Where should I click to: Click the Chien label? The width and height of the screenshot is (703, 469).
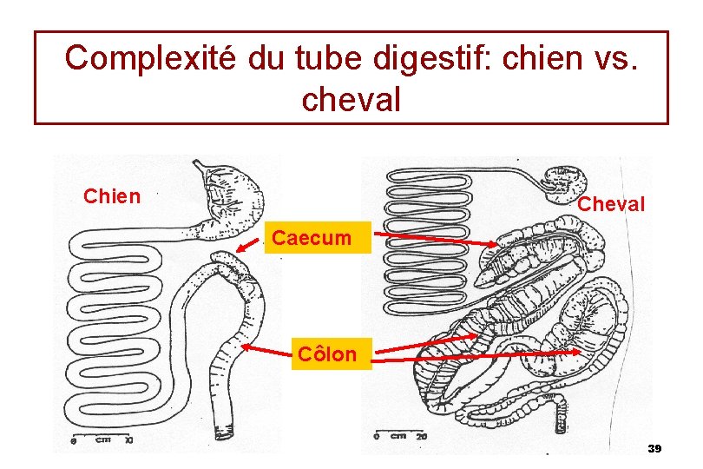point(111,196)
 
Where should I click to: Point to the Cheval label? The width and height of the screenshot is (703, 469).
point(611,205)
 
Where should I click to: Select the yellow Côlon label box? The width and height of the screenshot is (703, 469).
point(326,353)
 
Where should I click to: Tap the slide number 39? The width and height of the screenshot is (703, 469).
point(654,448)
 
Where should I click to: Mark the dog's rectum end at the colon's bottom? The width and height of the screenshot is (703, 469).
point(228,429)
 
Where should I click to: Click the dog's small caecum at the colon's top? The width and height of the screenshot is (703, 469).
point(227,259)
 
